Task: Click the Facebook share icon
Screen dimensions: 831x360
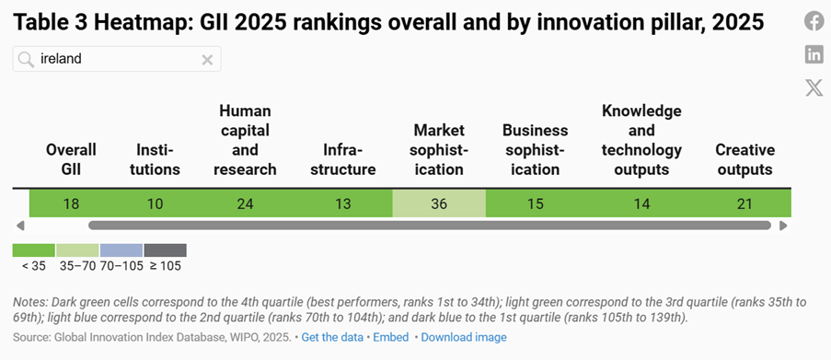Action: coord(814,21)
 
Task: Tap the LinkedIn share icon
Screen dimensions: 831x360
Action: coord(814,54)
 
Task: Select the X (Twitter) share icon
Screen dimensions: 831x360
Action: coord(814,87)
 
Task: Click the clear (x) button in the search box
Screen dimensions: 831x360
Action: coord(207,60)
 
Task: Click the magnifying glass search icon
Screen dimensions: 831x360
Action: coord(26,60)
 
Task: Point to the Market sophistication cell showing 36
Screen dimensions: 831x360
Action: coord(439,203)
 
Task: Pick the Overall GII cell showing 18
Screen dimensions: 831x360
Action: coord(71,203)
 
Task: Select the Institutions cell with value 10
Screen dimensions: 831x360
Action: coord(156,203)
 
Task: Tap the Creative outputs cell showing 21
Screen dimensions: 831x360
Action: coord(744,203)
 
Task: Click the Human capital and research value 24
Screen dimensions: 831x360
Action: coord(246,203)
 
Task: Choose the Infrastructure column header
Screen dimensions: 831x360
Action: coord(343,159)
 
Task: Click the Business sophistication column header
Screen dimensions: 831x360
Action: coord(536,149)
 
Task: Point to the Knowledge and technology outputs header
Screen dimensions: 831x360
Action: coord(641,140)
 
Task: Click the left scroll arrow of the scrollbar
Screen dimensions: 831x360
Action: coord(20,226)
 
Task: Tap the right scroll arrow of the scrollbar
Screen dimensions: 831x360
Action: coord(783,226)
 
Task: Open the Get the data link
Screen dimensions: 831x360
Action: coord(332,337)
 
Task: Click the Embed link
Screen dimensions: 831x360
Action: coord(391,337)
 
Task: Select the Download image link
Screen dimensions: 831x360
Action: coord(464,337)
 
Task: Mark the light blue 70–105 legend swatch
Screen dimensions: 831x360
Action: coord(121,250)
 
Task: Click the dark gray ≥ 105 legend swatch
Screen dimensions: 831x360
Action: coord(166,250)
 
